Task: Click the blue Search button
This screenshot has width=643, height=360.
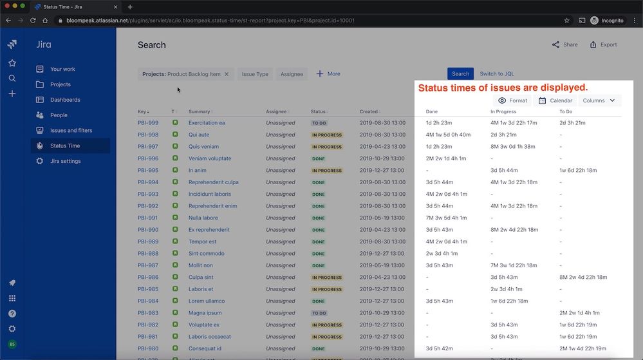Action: click(460, 74)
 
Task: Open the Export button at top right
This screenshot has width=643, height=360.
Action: click(603, 45)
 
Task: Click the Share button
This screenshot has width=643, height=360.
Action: click(564, 45)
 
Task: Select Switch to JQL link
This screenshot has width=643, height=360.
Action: click(497, 74)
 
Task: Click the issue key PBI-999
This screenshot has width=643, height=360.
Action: click(148, 123)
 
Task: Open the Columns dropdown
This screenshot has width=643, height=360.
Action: click(599, 100)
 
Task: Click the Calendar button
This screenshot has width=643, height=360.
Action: click(555, 100)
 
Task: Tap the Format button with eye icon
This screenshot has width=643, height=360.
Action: click(512, 100)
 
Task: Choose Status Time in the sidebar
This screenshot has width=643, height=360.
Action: click(65, 146)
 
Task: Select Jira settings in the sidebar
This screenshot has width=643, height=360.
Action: click(65, 162)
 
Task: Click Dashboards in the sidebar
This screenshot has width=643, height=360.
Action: click(65, 100)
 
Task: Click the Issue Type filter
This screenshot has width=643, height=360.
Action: click(255, 74)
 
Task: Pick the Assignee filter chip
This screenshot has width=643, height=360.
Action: click(292, 74)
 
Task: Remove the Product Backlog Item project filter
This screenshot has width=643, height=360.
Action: click(227, 74)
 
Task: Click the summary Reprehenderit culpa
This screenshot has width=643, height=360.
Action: click(213, 182)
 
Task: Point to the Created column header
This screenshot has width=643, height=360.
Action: click(369, 112)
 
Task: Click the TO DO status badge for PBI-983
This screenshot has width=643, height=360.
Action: click(319, 313)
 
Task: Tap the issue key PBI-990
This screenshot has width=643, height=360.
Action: click(148, 230)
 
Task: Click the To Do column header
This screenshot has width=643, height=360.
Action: click(566, 112)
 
